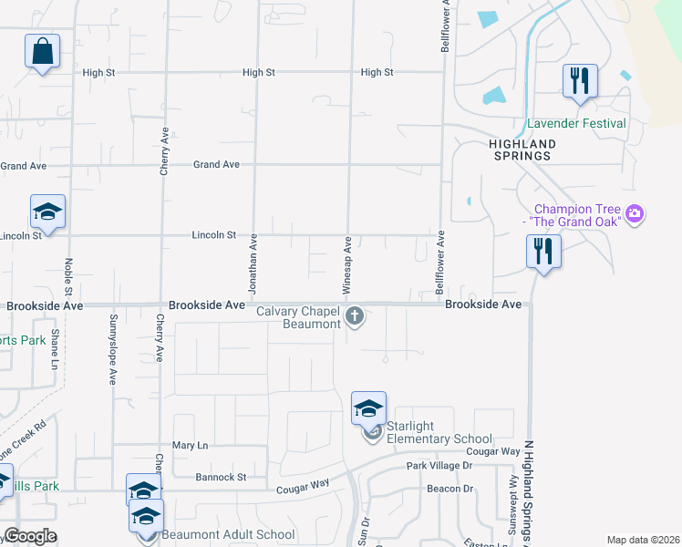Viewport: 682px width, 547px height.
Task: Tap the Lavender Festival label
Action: click(x=576, y=123)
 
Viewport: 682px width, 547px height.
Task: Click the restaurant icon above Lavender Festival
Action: click(x=580, y=81)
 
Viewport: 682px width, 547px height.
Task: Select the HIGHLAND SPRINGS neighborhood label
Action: click(x=522, y=150)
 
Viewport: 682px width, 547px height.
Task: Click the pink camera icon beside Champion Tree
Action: click(x=635, y=215)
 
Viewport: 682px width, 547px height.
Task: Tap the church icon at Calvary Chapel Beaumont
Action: click(x=356, y=317)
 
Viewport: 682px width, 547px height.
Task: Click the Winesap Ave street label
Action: click(x=347, y=264)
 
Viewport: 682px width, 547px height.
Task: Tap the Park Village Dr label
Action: click(x=439, y=465)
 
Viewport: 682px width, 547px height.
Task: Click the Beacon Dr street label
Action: click(x=450, y=489)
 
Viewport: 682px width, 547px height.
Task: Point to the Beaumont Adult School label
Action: click(x=228, y=535)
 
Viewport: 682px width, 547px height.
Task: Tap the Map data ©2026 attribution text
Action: click(x=642, y=540)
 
